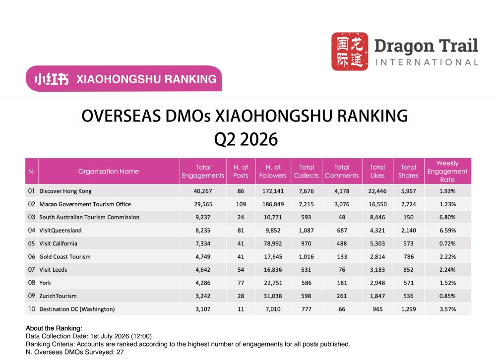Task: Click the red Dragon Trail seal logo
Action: point(350,51)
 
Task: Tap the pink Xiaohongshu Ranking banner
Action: point(124,78)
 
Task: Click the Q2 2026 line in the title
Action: point(246,139)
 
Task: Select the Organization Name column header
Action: point(109,171)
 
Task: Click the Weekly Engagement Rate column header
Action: point(447,171)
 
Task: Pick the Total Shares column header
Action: point(408,171)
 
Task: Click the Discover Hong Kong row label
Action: point(65,191)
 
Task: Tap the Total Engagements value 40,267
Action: point(203,191)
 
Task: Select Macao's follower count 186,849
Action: point(273,204)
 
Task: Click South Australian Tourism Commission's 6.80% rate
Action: point(447,217)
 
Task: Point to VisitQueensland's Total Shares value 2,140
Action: point(408,231)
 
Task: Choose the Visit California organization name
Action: point(58,243)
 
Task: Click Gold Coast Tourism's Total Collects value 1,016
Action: point(306,257)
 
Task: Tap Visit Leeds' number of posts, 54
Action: point(241,270)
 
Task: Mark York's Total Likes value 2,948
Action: point(377,283)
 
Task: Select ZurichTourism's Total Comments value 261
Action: point(342,296)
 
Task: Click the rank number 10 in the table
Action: point(32,309)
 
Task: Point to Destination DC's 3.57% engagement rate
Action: point(447,309)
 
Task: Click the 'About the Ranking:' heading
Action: point(54,328)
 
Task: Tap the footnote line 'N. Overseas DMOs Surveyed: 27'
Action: point(75,352)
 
